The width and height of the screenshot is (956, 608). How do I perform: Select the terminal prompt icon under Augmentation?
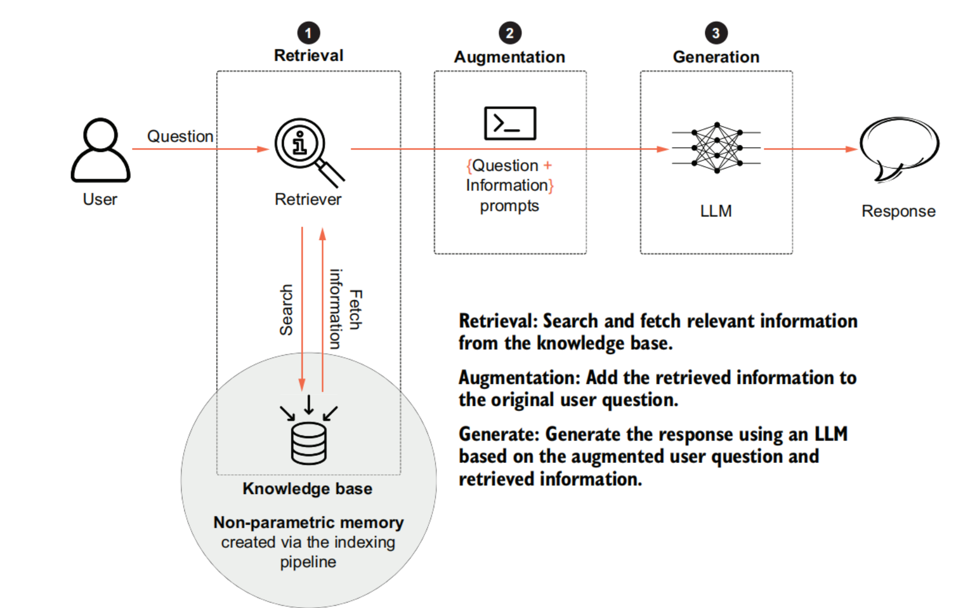pyautogui.click(x=510, y=123)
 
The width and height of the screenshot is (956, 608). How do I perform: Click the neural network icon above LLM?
pyautogui.click(x=716, y=148)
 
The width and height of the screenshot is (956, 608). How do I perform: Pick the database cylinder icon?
pyautogui.click(x=309, y=443)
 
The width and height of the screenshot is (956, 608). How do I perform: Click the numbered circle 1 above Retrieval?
pyautogui.click(x=309, y=33)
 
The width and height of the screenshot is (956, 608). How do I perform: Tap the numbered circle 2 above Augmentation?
pyautogui.click(x=510, y=33)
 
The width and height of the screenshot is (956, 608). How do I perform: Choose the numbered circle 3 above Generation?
pyautogui.click(x=716, y=33)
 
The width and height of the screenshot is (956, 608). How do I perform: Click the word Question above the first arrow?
pyautogui.click(x=180, y=136)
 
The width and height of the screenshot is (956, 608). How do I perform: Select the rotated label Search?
pyautogui.click(x=286, y=310)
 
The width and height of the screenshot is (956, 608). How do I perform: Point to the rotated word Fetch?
pyautogui.click(x=355, y=309)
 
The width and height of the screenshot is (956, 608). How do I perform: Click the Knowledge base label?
pyautogui.click(x=307, y=489)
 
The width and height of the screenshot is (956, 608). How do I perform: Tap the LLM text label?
pyautogui.click(x=716, y=211)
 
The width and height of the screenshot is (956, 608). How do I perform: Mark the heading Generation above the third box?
pyautogui.click(x=716, y=57)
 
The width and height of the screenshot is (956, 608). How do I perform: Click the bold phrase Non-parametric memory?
pyautogui.click(x=308, y=522)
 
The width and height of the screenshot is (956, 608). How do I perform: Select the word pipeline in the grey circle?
pyautogui.click(x=308, y=562)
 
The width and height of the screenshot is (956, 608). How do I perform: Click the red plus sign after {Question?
pyautogui.click(x=548, y=166)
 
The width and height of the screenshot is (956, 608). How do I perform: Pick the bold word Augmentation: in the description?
pyautogui.click(x=519, y=378)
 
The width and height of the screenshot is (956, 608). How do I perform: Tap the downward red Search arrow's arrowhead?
pyautogui.click(x=302, y=384)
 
